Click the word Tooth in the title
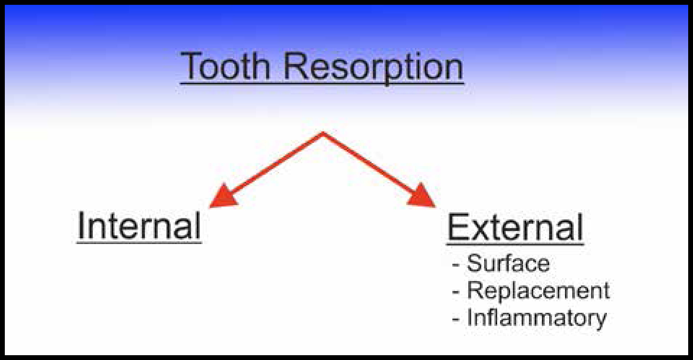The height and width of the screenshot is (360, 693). (226, 66)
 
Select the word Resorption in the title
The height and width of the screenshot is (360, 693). (373, 68)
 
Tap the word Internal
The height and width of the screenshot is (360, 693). (139, 225)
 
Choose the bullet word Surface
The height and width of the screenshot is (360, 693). (508, 263)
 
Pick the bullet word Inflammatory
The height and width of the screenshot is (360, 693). (537, 319)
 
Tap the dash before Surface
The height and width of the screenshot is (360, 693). (455, 265)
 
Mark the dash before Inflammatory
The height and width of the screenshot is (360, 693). (455, 320)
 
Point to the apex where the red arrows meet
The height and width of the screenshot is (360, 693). (322, 133)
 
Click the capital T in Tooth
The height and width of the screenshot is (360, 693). (191, 66)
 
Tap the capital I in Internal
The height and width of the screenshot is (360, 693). (80, 225)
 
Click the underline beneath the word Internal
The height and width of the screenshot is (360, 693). (139, 243)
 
